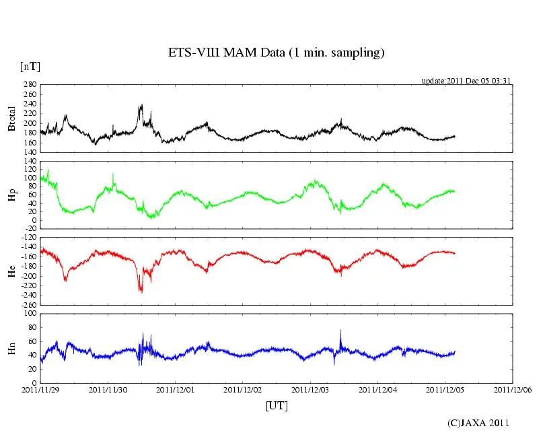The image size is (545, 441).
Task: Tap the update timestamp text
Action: [467, 80]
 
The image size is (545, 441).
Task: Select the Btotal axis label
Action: [11, 118]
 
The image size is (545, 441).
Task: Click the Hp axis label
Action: [11, 195]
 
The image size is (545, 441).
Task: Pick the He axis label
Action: [11, 271]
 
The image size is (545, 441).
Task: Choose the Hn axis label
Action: [11, 347]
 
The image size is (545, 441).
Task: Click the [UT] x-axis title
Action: [277, 406]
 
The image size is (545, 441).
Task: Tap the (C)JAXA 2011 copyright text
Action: [478, 423]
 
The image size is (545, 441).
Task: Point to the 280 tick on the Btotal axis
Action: [30, 85]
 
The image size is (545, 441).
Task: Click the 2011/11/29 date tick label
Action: [40, 389]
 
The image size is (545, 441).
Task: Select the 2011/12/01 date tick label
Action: [176, 389]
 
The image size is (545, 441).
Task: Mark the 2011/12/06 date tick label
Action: [513, 389]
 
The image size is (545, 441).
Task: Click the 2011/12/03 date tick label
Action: [311, 389]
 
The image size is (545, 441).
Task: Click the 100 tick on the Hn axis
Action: [30, 314]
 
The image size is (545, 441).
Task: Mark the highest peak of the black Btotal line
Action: [141, 105]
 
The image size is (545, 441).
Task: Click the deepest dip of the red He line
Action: [141, 292]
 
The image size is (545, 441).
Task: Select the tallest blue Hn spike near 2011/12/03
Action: [341, 330]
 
